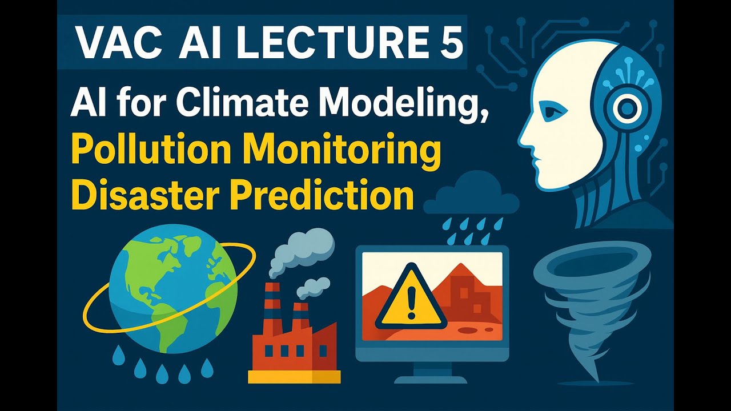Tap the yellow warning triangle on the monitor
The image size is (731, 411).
click(x=409, y=298)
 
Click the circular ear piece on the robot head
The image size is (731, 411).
click(x=627, y=107)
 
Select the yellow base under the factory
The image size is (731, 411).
click(x=294, y=377)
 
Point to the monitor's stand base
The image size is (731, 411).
click(x=431, y=378)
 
